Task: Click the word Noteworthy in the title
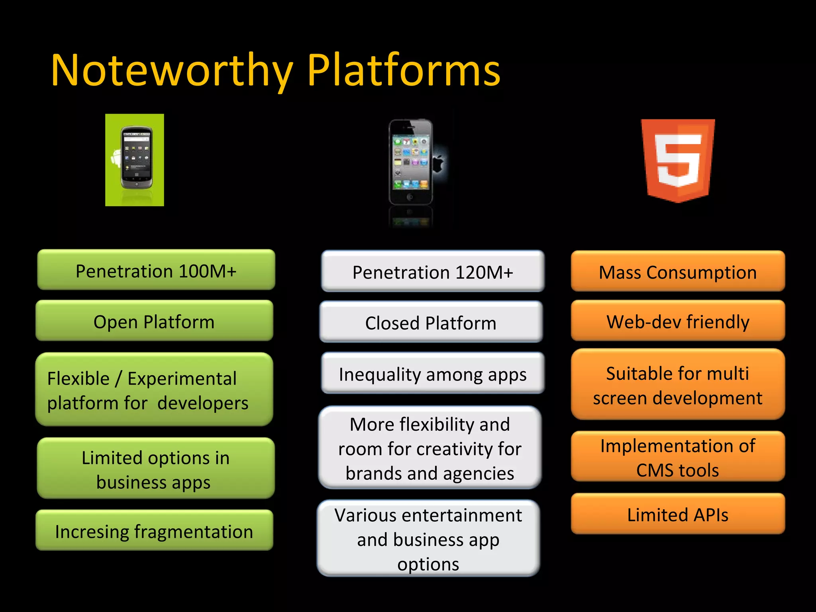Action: pyautogui.click(x=171, y=71)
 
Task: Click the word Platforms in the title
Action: pyautogui.click(x=403, y=71)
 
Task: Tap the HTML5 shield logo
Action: pyautogui.click(x=678, y=160)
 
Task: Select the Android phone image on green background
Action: pyautogui.click(x=135, y=160)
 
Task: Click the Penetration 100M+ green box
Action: pyautogui.click(x=156, y=270)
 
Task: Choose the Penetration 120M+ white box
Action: pyautogui.click(x=433, y=272)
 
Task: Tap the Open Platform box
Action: pyautogui.click(x=154, y=321)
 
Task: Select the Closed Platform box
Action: pyautogui.click(x=431, y=322)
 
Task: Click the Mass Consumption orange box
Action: pyautogui.click(x=678, y=272)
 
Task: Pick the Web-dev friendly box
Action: pyautogui.click(x=678, y=321)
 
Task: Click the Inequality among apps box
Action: pyautogui.click(x=433, y=374)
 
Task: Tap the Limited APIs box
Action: pyautogui.click(x=678, y=514)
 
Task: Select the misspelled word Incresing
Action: pyautogui.click(x=92, y=532)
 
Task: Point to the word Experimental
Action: pyautogui.click(x=182, y=379)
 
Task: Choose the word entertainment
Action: pyautogui.click(x=462, y=515)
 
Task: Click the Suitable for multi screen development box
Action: pyautogui.click(x=678, y=385)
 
